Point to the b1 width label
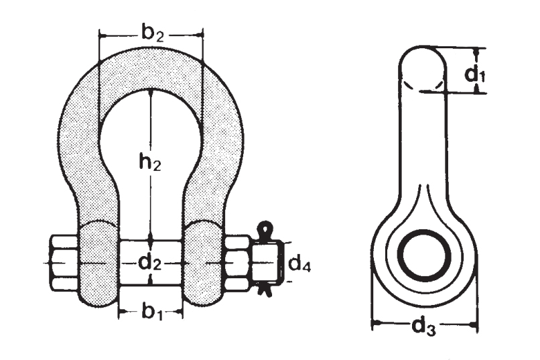click(x=151, y=312)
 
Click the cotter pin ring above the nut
click(x=265, y=228)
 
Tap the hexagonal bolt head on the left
click(x=64, y=262)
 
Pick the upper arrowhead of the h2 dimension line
click(x=152, y=95)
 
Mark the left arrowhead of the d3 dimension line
click(x=376, y=324)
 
